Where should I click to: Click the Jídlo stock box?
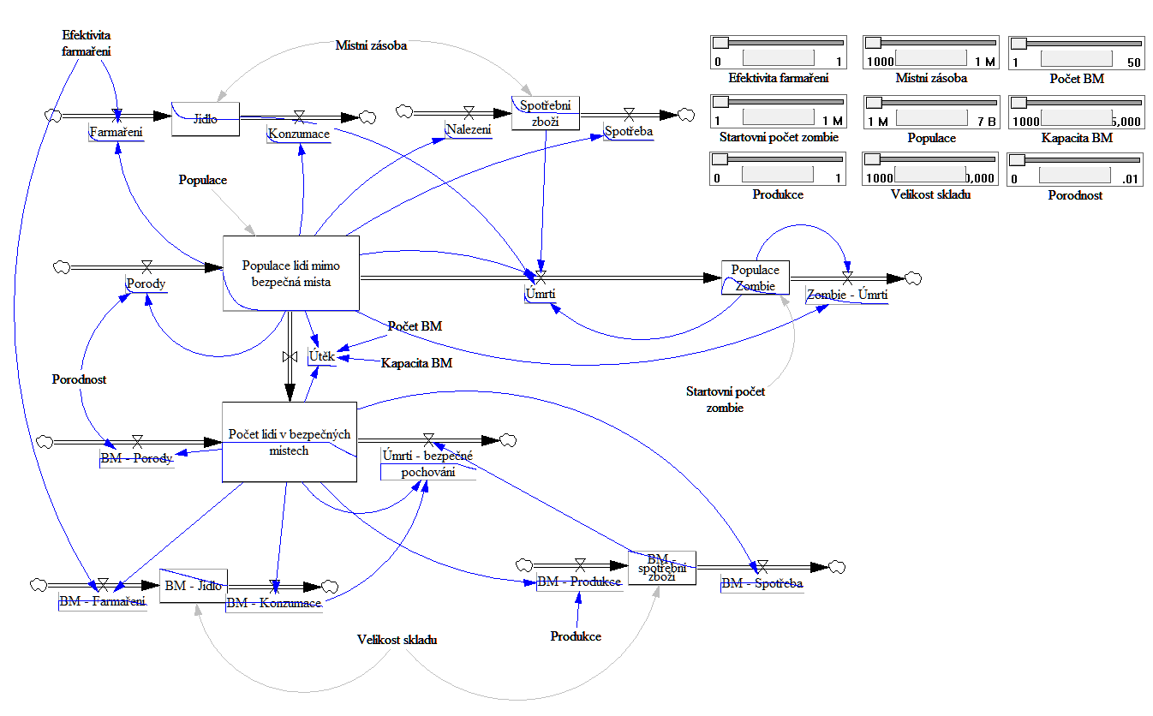(205, 118)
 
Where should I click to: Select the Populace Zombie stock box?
(755, 278)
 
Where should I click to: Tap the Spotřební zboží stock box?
(545, 112)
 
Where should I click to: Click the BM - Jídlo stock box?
(194, 586)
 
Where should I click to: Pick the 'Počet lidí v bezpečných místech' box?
(289, 442)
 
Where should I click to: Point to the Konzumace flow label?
(298, 134)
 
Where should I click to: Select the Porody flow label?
(146, 283)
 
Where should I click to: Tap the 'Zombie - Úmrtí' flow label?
(846, 295)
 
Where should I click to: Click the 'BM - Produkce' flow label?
(578, 582)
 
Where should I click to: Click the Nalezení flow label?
(468, 129)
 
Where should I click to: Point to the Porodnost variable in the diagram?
(79, 379)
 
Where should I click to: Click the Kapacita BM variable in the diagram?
(416, 362)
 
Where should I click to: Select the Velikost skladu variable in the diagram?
(397, 639)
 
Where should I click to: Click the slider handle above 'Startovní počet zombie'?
(721, 101)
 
